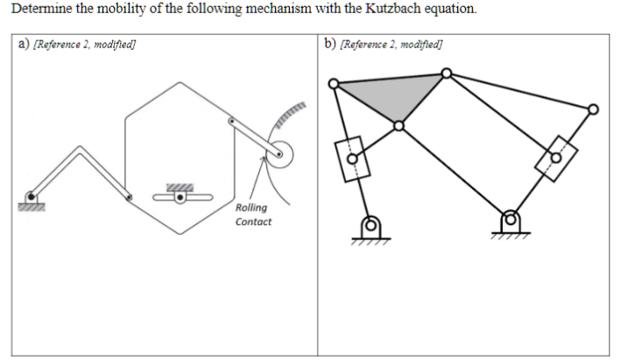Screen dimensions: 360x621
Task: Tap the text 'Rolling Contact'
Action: pos(252,215)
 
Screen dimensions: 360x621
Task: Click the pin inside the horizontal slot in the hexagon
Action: pos(181,197)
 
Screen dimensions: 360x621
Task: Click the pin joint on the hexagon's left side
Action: pos(128,197)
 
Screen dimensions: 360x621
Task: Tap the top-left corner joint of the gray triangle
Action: pos(334,84)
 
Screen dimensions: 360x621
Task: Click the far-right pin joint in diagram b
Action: pos(594,109)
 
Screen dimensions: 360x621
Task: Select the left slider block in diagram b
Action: pos(354,159)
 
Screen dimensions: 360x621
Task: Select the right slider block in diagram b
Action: pos(553,159)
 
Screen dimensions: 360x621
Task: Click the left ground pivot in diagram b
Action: pos(371,223)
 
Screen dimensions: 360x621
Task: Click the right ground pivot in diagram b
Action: pos(510,216)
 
